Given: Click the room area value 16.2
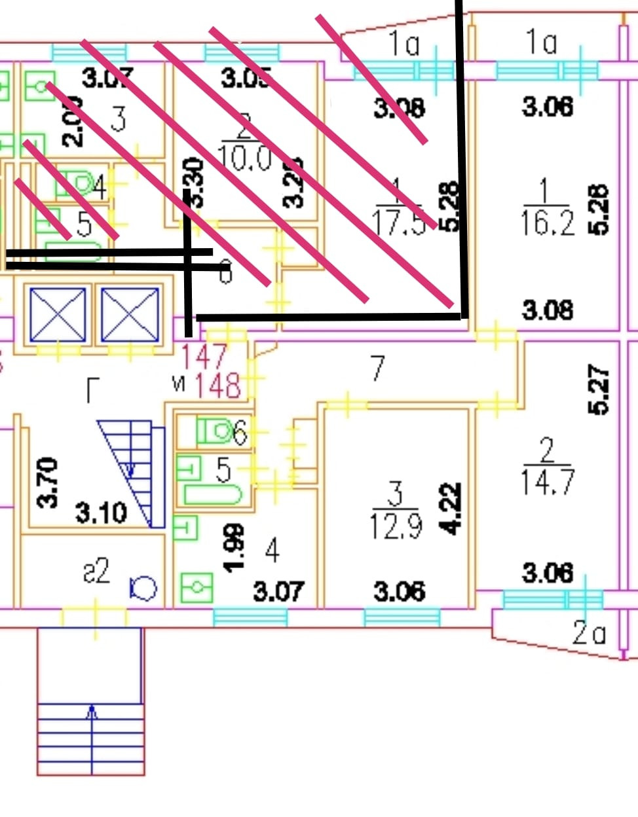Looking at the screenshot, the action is pyautogui.click(x=548, y=223).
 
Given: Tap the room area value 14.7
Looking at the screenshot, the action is pyautogui.click(x=547, y=482).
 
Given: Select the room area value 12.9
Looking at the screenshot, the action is pyautogui.click(x=396, y=525).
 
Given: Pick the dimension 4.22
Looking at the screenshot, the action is pyautogui.click(x=450, y=509).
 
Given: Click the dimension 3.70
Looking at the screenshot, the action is pyautogui.click(x=48, y=482).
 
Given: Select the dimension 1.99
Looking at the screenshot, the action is pyautogui.click(x=235, y=547).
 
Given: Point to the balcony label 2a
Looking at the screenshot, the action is pyautogui.click(x=589, y=633).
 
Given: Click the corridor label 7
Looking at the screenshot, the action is pyautogui.click(x=377, y=369).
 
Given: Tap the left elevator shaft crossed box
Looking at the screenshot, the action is pyautogui.click(x=58, y=315).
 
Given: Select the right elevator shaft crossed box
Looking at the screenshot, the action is pyautogui.click(x=129, y=315).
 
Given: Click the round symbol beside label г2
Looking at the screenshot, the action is pyautogui.click(x=143, y=587).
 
